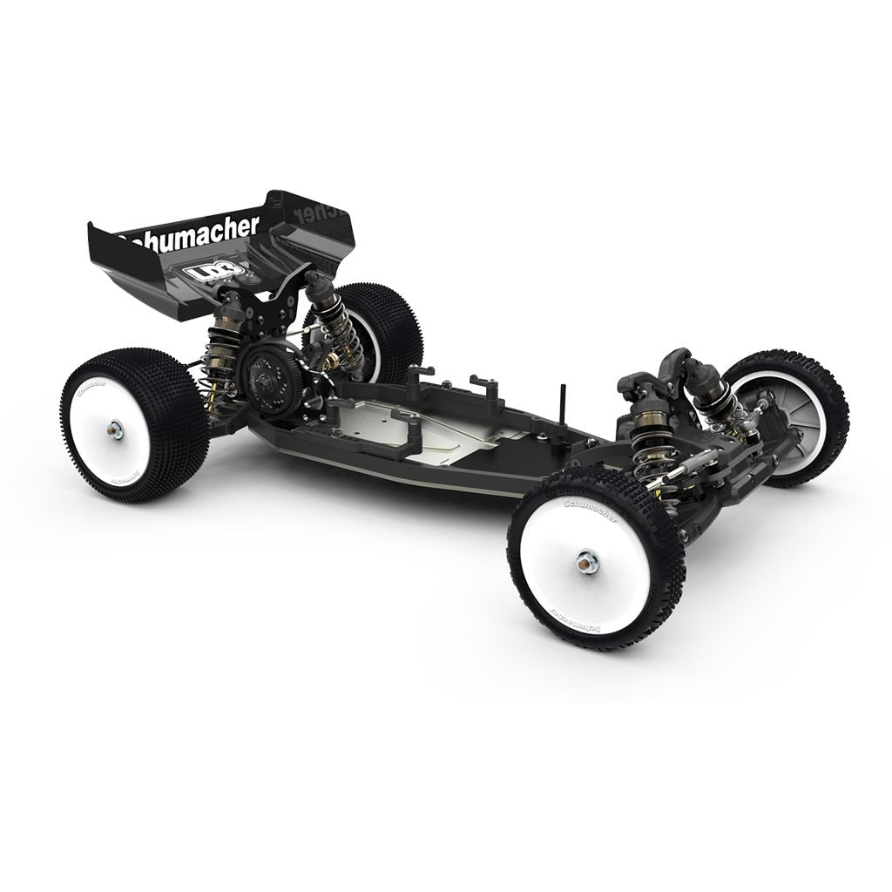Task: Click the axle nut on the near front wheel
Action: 589,563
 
